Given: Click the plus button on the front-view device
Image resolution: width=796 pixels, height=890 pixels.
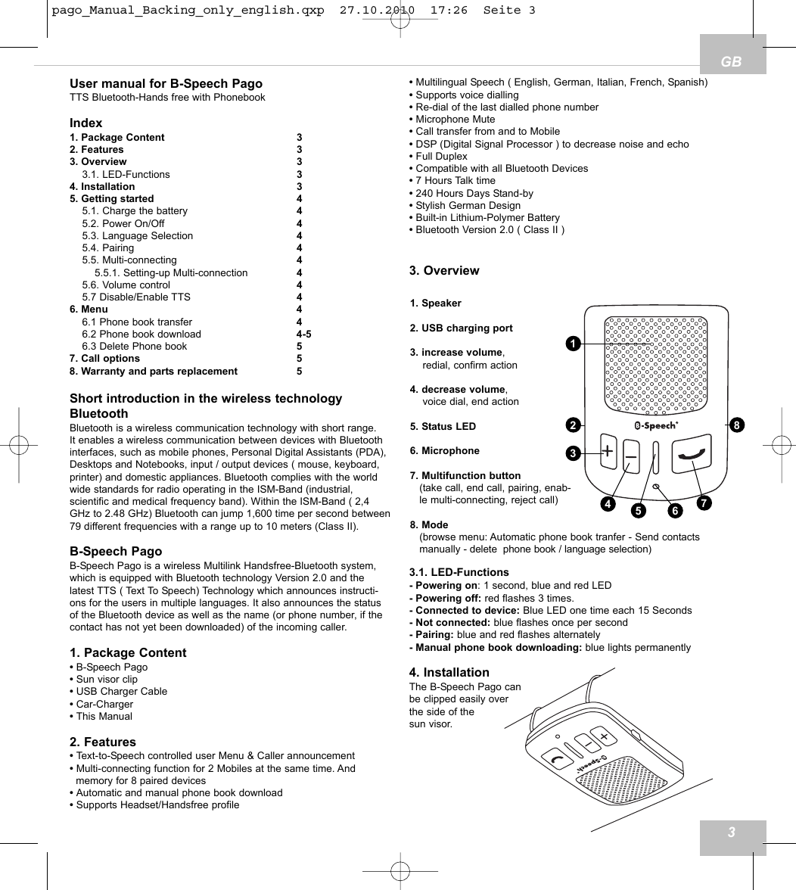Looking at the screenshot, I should (608, 452).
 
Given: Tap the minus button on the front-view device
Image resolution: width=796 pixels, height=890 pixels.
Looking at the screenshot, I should (631, 456).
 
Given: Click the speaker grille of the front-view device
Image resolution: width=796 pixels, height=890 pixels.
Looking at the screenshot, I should (655, 365).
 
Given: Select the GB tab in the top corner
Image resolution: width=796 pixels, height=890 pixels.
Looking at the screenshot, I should (732, 61).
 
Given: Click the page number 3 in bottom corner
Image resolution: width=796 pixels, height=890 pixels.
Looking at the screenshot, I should (732, 833).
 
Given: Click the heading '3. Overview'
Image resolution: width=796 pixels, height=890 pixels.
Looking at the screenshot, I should (444, 271).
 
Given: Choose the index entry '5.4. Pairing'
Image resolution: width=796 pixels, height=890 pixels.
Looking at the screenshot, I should (108, 248).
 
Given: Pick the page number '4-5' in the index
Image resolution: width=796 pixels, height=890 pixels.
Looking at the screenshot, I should (303, 334).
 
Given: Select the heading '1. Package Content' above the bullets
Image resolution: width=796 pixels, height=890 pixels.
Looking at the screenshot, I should (128, 652).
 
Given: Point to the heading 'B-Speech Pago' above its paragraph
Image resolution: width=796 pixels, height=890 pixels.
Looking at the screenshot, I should (116, 552).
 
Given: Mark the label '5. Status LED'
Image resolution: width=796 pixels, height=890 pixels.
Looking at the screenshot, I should (443, 426).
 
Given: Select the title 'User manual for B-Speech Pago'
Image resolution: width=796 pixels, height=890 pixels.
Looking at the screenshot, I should (166, 84).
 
